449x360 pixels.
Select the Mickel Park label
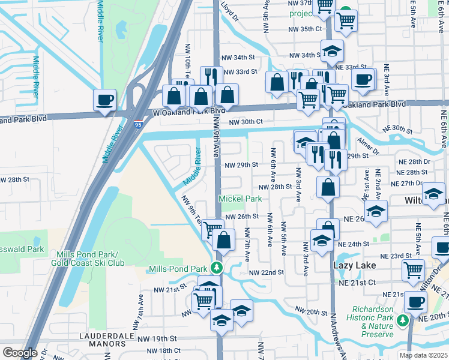[x=240, y=199]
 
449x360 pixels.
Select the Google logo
[x=20, y=352]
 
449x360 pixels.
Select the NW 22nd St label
[x=267, y=272]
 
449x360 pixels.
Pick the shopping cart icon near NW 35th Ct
[x=346, y=20]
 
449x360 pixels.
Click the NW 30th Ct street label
[x=246, y=122]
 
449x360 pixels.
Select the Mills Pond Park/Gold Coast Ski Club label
[x=96, y=259]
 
